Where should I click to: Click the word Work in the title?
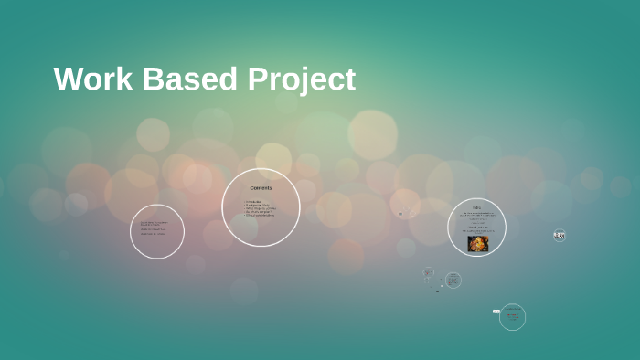click(90, 79)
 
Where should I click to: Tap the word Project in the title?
click(302, 80)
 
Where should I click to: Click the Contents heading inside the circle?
click(261, 188)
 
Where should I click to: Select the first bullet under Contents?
click(253, 201)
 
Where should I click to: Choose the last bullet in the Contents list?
click(260, 215)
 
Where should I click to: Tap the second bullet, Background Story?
click(259, 205)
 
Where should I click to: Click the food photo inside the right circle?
click(478, 243)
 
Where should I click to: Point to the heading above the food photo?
click(476, 207)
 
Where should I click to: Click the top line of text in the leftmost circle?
click(154, 222)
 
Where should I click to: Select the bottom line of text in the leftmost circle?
click(153, 234)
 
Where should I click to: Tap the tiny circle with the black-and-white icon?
click(559, 236)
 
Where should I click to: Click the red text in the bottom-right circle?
click(513, 315)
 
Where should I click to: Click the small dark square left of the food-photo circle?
click(400, 215)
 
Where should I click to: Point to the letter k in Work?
click(116, 79)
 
